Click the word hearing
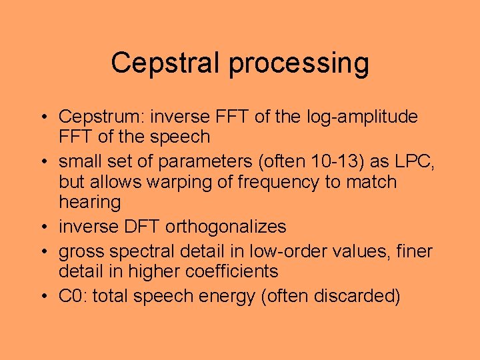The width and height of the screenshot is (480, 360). tap(89, 203)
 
